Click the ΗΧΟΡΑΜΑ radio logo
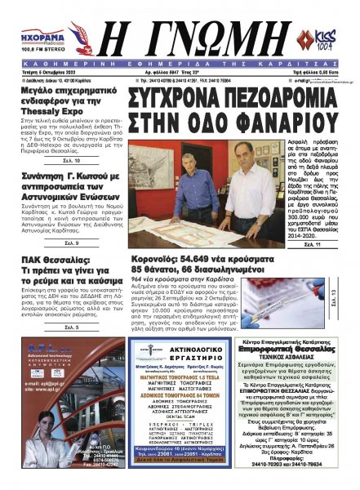pos(36,36)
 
